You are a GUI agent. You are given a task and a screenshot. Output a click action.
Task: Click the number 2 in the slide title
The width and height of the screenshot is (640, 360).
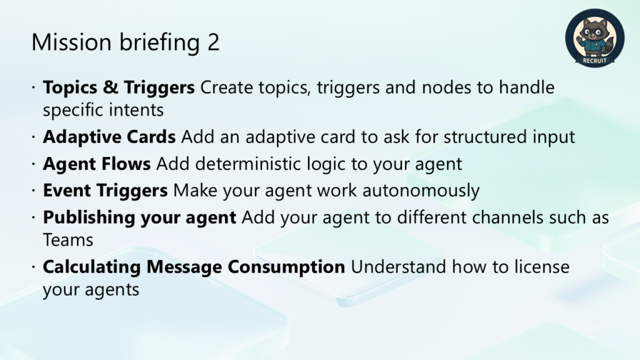coord(213,42)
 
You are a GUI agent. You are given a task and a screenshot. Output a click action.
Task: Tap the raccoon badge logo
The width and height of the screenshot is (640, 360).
coord(595,38)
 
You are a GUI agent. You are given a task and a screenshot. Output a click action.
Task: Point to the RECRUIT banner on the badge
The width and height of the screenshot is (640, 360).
coord(595,61)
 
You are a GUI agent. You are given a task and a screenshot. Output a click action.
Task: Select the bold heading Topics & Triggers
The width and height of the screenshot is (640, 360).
coord(119,87)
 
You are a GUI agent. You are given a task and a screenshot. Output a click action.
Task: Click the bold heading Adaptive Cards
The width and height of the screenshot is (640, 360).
coord(109,137)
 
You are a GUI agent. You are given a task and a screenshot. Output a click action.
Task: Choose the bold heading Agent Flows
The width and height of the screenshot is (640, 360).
coord(97,164)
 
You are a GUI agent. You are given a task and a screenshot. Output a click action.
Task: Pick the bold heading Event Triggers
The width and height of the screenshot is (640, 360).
coord(105,191)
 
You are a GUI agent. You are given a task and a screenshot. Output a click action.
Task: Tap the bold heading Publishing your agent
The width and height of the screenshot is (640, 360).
coord(139,217)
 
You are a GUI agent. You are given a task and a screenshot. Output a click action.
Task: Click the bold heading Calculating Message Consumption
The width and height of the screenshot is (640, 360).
coord(194,267)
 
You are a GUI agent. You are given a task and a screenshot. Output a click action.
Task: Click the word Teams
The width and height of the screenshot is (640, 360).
coord(68,240)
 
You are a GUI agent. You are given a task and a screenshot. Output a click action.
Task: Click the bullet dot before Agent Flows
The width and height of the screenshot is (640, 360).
coord(34,164)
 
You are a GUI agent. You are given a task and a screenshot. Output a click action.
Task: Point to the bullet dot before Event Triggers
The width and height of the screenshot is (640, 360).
coord(34,191)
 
